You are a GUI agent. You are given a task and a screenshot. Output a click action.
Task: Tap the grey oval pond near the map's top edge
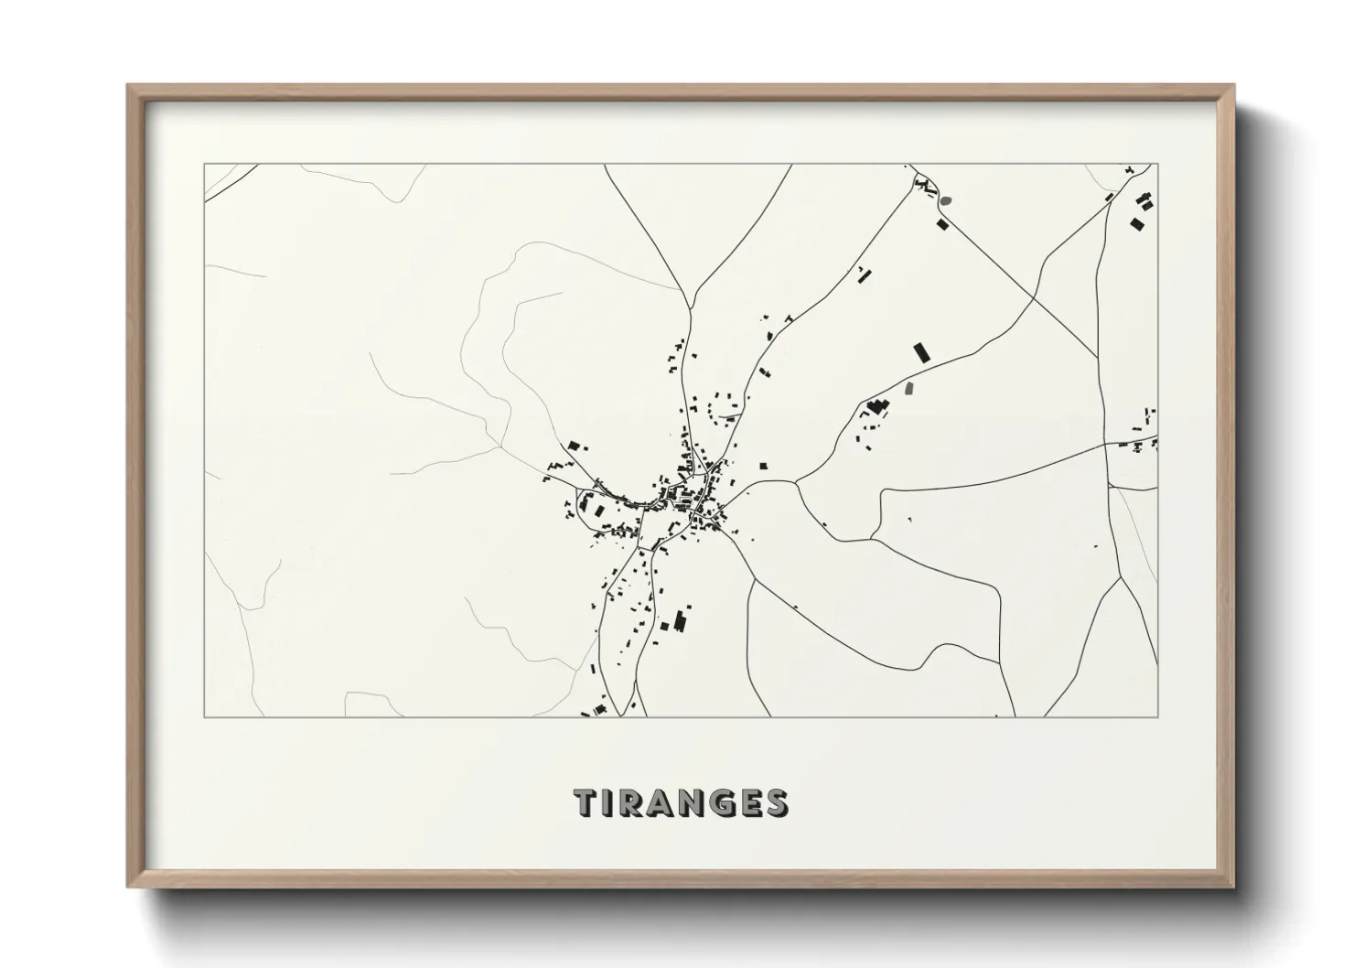click(x=946, y=199)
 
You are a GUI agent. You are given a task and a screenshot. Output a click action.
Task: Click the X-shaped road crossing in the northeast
click(x=1035, y=296)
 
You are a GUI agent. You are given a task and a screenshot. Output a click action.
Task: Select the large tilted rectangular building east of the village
click(x=921, y=352)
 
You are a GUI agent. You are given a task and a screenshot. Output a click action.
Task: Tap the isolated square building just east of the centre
click(x=762, y=465)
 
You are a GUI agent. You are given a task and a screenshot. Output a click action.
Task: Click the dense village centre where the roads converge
click(x=700, y=499)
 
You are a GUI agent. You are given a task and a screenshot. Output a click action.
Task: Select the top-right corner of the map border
click(x=1157, y=165)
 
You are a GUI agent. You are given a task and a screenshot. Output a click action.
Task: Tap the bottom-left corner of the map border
click(x=204, y=717)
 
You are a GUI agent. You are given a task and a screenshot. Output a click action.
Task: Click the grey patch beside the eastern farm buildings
click(x=908, y=389)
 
